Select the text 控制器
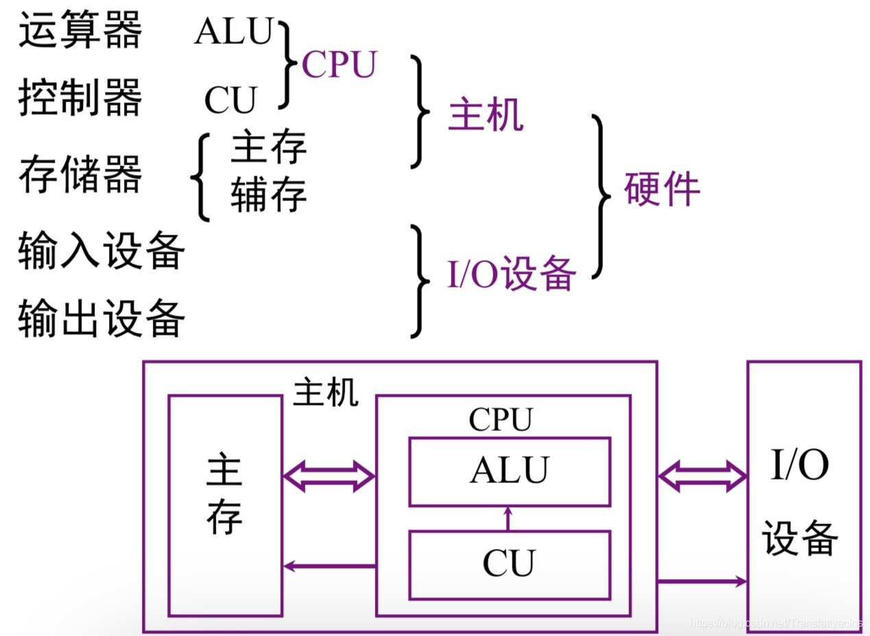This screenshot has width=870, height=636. click(x=80, y=98)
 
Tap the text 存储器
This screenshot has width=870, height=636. click(x=80, y=174)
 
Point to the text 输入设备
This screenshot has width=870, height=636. click(x=101, y=251)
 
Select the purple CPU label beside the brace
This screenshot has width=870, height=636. click(x=339, y=66)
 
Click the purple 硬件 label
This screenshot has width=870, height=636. click(x=662, y=189)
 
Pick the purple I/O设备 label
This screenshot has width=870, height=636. click(x=511, y=275)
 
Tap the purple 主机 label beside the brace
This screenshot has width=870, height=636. click(x=485, y=115)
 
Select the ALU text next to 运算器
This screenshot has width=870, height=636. click(x=234, y=32)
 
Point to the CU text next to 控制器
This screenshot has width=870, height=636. click(x=230, y=101)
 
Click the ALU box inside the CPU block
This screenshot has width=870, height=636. click(x=509, y=471)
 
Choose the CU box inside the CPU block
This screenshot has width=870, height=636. click(x=509, y=564)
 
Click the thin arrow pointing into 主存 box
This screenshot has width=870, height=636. click(x=328, y=566)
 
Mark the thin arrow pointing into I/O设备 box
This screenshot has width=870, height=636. click(x=702, y=581)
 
